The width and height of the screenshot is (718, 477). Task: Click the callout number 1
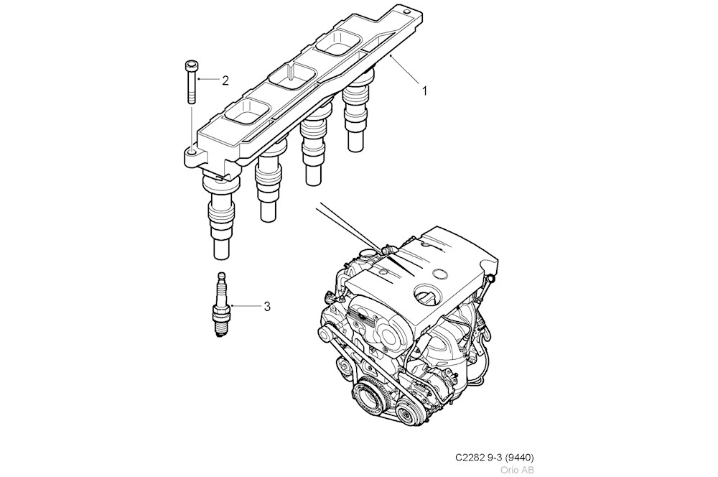click(x=424, y=91)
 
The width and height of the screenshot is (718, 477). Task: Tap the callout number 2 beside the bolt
click(x=225, y=80)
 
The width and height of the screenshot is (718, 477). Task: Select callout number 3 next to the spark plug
click(x=267, y=307)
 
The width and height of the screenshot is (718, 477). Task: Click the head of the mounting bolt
click(x=190, y=67)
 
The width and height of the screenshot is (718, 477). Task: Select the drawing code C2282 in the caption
click(x=470, y=458)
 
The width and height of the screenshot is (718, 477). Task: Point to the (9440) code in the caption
click(x=519, y=458)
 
